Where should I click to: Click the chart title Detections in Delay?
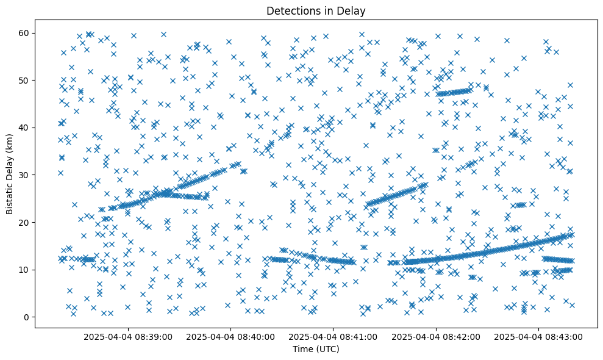click(x=316, y=10)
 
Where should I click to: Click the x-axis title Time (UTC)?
click(x=316, y=350)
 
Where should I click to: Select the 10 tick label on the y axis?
click(x=27, y=270)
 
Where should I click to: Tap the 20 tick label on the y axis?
click(x=27, y=222)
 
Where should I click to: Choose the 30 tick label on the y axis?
click(x=27, y=175)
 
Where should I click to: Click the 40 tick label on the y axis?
click(x=27, y=128)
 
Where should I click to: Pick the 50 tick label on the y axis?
click(x=27, y=80)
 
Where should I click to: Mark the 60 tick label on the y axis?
click(x=27, y=33)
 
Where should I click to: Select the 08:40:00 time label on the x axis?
click(x=231, y=336)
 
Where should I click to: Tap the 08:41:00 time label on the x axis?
click(x=334, y=336)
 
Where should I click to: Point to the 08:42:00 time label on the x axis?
click(x=437, y=336)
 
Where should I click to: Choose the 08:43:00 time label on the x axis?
click(x=539, y=336)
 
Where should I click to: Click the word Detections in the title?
click(x=291, y=10)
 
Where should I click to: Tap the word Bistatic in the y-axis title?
click(x=10, y=196)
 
